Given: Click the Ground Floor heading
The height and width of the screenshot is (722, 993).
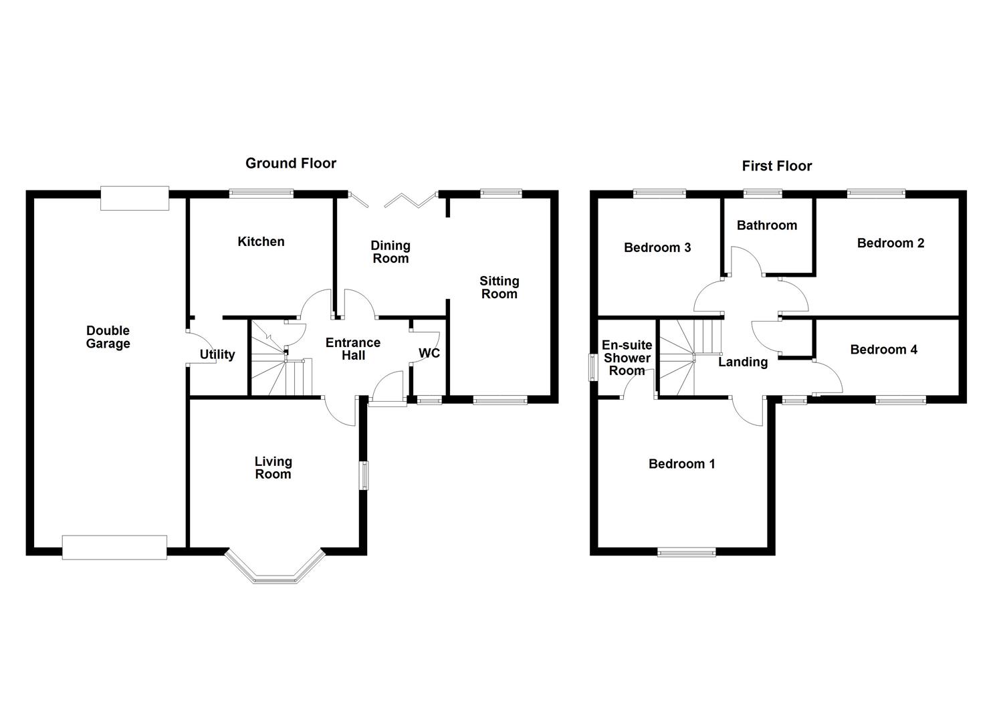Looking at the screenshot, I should pyautogui.click(x=290, y=163).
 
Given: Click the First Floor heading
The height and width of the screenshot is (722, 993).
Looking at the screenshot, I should pyautogui.click(x=776, y=166).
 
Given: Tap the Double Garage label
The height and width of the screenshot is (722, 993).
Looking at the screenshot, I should pyautogui.click(x=108, y=337).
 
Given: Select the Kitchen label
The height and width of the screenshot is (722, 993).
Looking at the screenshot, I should pyautogui.click(x=261, y=241).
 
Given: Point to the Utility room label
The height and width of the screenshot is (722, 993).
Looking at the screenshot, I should pyautogui.click(x=217, y=354).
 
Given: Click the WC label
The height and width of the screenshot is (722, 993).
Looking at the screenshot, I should pyautogui.click(x=429, y=353).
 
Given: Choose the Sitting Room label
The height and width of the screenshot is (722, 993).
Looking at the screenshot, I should pyautogui.click(x=499, y=287).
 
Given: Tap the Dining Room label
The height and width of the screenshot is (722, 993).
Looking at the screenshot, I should pyautogui.click(x=391, y=252).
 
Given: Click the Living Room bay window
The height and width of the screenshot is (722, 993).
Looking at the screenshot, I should pyautogui.click(x=275, y=568).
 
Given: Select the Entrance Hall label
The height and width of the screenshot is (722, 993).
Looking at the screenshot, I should pyautogui.click(x=352, y=348).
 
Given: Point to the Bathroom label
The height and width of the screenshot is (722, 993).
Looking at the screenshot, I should pyautogui.click(x=766, y=225).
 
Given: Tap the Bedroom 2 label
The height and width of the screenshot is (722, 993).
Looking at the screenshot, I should pyautogui.click(x=890, y=243).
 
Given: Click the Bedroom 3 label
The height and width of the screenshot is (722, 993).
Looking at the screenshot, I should pyautogui.click(x=657, y=247).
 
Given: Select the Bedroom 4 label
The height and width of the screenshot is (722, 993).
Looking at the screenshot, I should pyautogui.click(x=883, y=349).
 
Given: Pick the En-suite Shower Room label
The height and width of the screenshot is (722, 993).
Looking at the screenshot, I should pyautogui.click(x=627, y=358).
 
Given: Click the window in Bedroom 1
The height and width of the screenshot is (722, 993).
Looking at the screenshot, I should pyautogui.click(x=686, y=552).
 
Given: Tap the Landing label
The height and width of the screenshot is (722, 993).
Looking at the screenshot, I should pyautogui.click(x=742, y=362).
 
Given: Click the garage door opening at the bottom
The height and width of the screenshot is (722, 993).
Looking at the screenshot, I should pyautogui.click(x=114, y=547).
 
